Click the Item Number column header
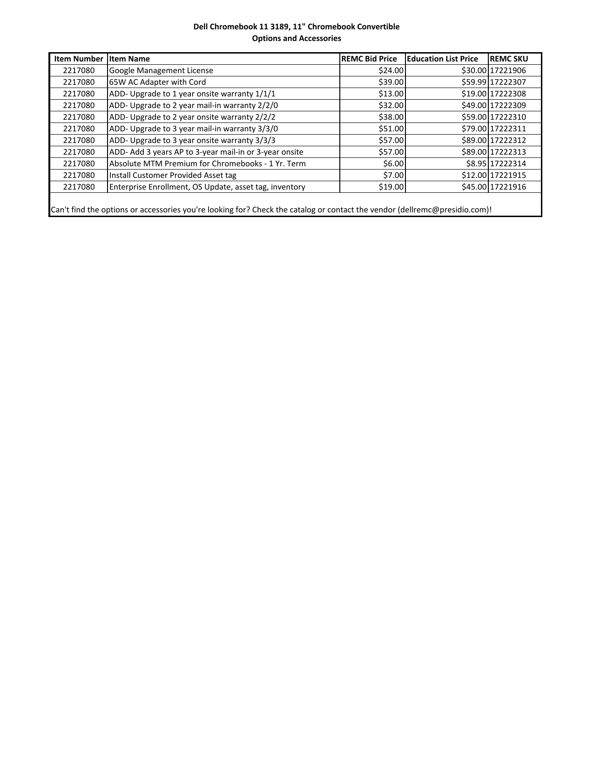coord(78,59)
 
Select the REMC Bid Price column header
coord(369,59)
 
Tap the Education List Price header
coord(442,59)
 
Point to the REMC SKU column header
coord(509,59)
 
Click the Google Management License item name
coord(161,70)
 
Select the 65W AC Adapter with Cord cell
coord(157,82)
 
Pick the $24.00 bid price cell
coord(391,70)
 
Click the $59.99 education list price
coord(473,82)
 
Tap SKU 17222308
coord(508,94)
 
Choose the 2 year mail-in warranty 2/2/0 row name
coord(193,105)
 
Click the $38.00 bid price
coord(391,117)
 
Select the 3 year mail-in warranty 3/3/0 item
coord(193,129)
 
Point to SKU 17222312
coord(508,140)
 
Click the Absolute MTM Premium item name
coord(207,163)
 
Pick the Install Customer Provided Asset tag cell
coord(173,175)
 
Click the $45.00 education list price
coord(473,187)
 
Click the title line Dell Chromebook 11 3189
coord(297,27)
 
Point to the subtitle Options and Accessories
coord(297,38)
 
